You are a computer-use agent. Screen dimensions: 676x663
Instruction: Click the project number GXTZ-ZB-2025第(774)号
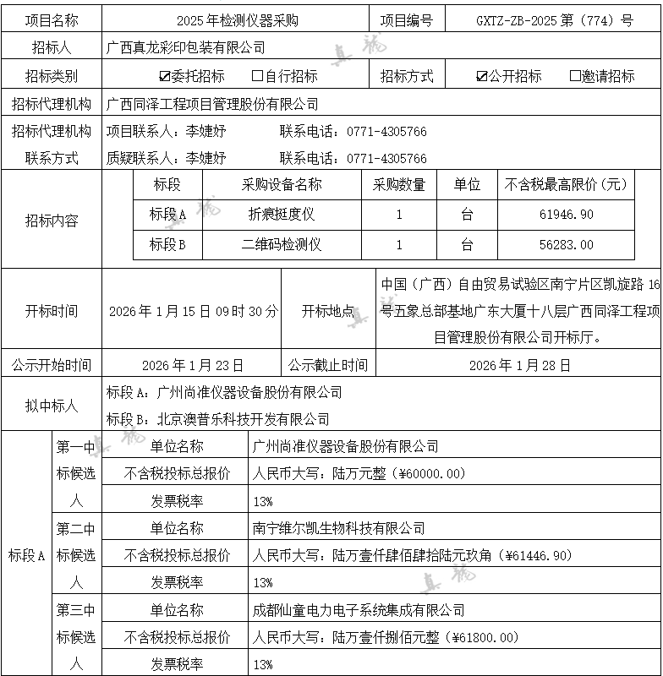[554, 20]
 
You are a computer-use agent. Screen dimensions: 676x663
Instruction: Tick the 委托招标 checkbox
[165, 76]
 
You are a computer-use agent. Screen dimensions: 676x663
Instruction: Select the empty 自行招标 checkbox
[258, 76]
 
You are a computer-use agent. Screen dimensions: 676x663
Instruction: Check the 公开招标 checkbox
[482, 76]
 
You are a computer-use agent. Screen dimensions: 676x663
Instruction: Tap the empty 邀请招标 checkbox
[575, 76]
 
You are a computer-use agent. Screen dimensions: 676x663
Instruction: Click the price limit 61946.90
[566, 215]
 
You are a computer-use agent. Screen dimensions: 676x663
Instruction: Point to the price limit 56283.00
[566, 245]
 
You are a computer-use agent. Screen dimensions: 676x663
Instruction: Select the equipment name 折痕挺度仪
[282, 215]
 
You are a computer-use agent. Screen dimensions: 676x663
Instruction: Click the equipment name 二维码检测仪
[282, 245]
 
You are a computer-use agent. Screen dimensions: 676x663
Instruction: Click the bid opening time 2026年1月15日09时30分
[193, 311]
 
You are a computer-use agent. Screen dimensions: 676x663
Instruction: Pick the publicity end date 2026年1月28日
[519, 366]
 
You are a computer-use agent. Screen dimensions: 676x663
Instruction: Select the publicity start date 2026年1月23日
[193, 366]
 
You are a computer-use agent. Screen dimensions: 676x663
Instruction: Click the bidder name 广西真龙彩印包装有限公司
[185, 48]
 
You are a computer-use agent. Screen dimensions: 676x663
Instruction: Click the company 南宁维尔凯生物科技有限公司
[339, 528]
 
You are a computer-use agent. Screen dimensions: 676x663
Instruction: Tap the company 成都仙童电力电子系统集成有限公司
[359, 610]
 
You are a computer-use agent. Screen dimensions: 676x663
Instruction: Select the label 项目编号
[407, 20]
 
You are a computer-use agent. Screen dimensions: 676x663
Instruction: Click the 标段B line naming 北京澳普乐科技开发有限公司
[218, 419]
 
